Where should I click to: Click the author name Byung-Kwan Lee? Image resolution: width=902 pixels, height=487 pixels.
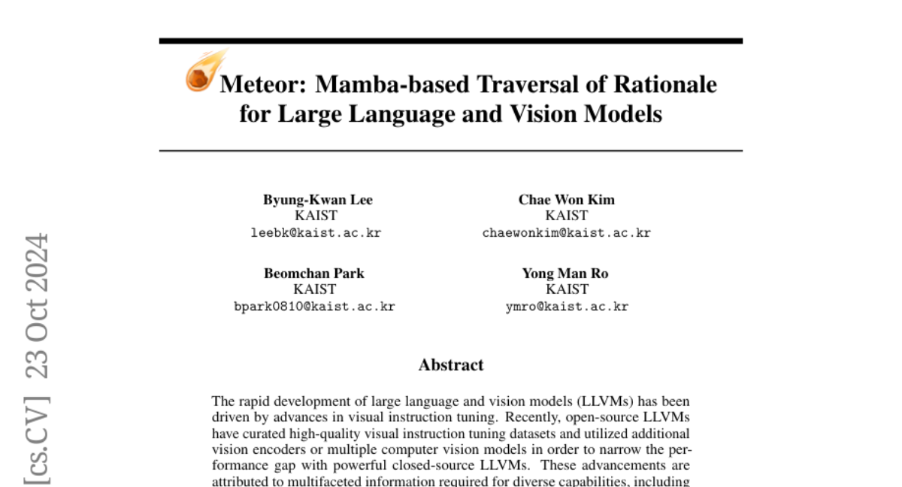(318, 199)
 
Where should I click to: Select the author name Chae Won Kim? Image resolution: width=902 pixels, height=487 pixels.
(566, 199)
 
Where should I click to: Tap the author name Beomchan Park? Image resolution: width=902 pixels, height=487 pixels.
(314, 273)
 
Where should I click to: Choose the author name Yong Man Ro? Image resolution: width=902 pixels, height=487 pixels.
(565, 273)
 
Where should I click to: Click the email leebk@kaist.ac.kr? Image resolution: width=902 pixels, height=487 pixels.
(316, 233)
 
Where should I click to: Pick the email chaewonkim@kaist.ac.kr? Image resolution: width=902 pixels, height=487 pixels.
(566, 233)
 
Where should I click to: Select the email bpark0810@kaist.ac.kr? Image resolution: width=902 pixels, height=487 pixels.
(314, 307)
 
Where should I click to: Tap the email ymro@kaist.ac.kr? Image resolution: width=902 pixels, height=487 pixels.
(567, 307)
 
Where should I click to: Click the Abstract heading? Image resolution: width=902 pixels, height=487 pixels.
(451, 365)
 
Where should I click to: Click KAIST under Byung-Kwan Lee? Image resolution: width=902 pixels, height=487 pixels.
(316, 216)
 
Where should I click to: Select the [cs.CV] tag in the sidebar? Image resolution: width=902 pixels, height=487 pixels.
(37, 439)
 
